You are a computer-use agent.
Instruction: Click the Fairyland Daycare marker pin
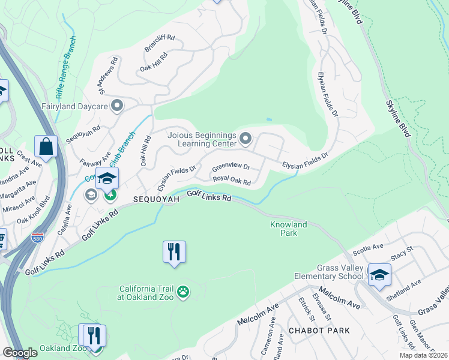pos(117,106)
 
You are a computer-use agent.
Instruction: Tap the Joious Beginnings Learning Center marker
pos(245,139)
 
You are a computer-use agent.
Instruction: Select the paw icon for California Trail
pos(183,292)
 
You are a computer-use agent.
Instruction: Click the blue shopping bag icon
pos(46,146)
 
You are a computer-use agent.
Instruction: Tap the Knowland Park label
pos(288,229)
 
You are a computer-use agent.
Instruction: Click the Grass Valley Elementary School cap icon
pos(379,275)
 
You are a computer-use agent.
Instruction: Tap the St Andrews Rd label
pos(106,75)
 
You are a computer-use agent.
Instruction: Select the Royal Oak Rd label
pos(231,179)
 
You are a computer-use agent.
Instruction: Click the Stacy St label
pos(402,253)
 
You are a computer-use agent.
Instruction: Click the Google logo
pos(20,353)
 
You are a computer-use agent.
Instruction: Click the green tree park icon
pos(110,194)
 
